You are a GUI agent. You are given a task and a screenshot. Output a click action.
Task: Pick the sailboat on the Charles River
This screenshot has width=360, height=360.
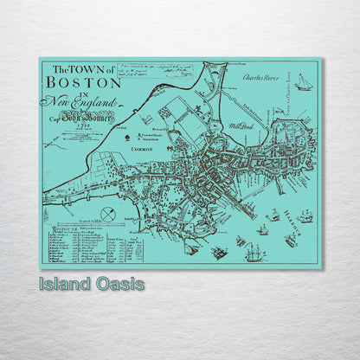[303, 82]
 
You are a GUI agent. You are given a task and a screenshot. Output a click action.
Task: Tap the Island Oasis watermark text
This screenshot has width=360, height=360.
[91, 284]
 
